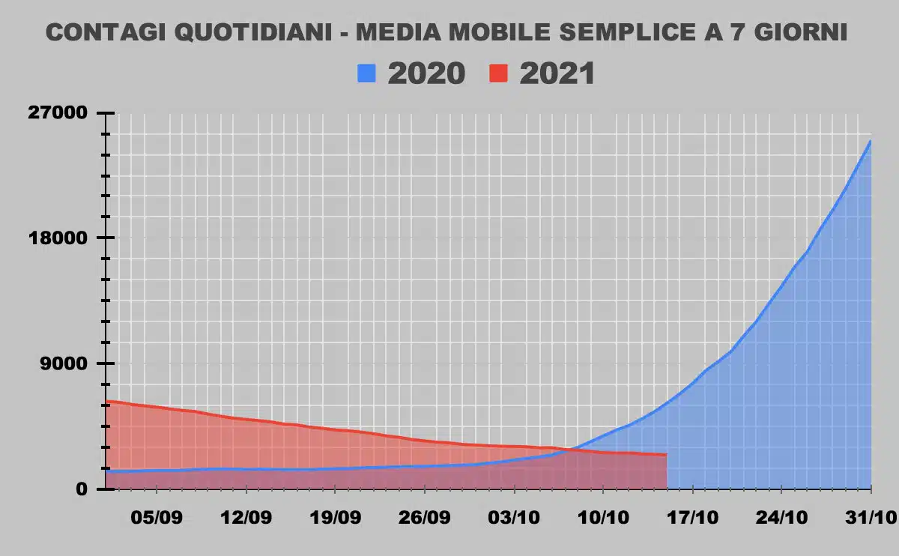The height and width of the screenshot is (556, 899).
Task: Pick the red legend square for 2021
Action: coord(499,73)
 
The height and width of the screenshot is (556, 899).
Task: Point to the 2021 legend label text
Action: coord(557,73)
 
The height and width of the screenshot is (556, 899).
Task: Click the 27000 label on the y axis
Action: coord(57,113)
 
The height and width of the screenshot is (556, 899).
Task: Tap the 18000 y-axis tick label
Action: coord(57,238)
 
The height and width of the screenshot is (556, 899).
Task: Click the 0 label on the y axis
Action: coord(82,489)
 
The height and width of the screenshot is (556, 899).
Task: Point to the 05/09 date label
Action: coord(156,518)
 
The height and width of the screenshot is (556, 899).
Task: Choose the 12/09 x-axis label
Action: coord(245,518)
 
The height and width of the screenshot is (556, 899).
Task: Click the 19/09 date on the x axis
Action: coord(335,518)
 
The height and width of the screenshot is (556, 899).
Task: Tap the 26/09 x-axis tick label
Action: coord(424,518)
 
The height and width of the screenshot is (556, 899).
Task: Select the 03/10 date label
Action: coord(514,518)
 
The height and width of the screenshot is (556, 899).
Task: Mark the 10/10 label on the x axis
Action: coord(603,518)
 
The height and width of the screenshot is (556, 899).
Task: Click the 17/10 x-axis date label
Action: coord(693,518)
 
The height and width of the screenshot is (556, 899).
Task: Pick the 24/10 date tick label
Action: coord(781,518)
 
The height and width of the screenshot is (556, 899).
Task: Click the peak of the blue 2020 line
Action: coord(870,141)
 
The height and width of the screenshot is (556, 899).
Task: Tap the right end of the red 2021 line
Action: coord(666,455)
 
